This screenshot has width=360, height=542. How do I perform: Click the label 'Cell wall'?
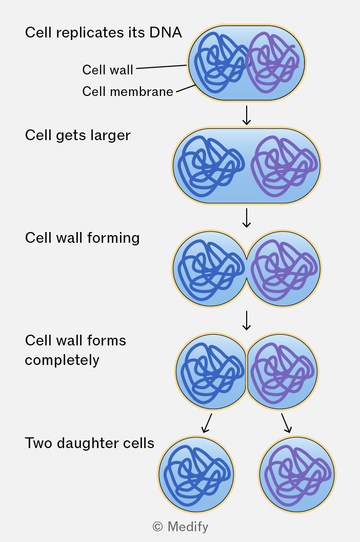(x=108, y=70)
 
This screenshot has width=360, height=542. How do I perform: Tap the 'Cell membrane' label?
(x=128, y=91)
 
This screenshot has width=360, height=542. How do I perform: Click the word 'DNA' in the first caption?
(x=166, y=32)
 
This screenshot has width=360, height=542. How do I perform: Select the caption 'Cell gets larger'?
(x=78, y=135)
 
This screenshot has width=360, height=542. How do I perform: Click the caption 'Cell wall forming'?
(x=82, y=238)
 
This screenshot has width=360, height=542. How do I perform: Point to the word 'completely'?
(x=62, y=360)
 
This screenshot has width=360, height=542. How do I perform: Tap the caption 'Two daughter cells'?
(x=89, y=443)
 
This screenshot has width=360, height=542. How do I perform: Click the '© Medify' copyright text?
(x=181, y=527)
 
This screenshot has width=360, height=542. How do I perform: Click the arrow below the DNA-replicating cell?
(x=246, y=115)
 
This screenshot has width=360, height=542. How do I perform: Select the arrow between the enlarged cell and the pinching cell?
(x=246, y=218)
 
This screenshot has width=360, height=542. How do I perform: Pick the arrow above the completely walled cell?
(x=246, y=320)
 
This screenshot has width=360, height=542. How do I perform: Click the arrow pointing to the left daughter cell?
(x=207, y=423)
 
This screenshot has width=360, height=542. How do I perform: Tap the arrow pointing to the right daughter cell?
(x=287, y=423)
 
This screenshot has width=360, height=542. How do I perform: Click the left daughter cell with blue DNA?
(x=196, y=474)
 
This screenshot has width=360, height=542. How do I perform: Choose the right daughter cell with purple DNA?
(x=297, y=474)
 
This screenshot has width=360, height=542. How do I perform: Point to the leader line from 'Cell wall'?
(x=162, y=67)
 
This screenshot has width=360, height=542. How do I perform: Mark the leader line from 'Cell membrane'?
(x=186, y=89)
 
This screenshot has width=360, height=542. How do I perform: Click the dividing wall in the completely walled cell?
(x=246, y=372)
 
